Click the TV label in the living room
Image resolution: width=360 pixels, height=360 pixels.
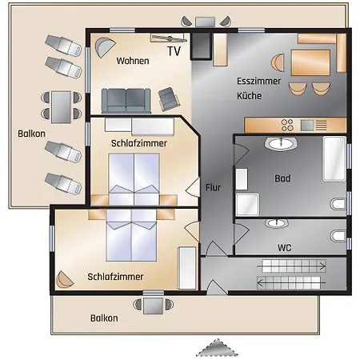(x=174, y=51)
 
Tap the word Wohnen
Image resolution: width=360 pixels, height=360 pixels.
(x=133, y=61)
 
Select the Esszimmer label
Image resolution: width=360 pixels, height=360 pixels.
(x=258, y=81)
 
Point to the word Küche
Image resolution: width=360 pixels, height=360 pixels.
(x=250, y=96)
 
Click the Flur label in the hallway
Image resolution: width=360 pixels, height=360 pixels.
(x=213, y=187)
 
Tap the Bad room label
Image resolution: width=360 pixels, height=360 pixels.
(x=282, y=178)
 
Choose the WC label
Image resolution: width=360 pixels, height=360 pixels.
(x=284, y=248)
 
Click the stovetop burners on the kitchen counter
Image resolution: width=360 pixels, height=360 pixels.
(x=287, y=125)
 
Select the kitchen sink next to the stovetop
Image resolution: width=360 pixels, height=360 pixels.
(x=307, y=126)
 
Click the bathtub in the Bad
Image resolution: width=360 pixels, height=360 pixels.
(x=334, y=158)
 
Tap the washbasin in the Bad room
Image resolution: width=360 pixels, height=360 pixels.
(x=281, y=144)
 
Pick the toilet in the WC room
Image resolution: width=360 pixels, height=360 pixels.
(x=338, y=236)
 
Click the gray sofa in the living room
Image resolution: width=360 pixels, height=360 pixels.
(x=126, y=101)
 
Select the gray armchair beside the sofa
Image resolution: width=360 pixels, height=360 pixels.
(x=169, y=99)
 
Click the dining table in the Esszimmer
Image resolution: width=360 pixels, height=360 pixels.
(x=310, y=62)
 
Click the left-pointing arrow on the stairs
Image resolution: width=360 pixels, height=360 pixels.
(x=291, y=282)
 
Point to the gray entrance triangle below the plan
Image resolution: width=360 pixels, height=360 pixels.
(x=218, y=347)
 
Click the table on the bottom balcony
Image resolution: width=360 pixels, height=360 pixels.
(x=153, y=306)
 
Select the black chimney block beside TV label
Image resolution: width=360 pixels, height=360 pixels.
(x=201, y=46)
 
